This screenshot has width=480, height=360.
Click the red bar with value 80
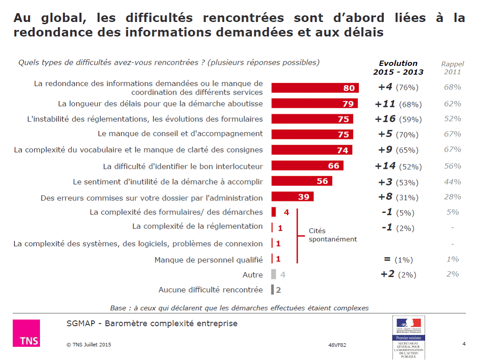pos(315,88)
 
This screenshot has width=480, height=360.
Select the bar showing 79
pos(314,103)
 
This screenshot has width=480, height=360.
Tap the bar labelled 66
pos(307,166)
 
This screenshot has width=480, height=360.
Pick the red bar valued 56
pos(302,181)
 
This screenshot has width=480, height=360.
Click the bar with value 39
pos(292,196)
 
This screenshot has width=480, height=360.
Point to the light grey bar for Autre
pos(274,274)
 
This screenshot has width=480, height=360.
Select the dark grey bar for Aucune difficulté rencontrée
pos(273,290)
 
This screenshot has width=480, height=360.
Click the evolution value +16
pos(385,119)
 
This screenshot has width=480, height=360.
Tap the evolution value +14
pos(385,166)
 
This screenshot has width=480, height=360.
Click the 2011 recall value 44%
pos(452,182)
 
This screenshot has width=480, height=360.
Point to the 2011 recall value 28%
pos(452,196)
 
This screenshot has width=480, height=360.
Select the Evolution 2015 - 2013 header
pos(398,68)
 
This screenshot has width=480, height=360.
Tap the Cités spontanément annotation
pos(332,235)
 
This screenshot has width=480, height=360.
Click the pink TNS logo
pos(26,333)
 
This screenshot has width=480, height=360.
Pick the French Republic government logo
pos(408,337)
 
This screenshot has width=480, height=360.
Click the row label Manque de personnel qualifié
pos(209,260)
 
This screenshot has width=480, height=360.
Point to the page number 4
pos(464,344)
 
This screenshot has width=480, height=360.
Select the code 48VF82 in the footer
pos(337,345)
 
